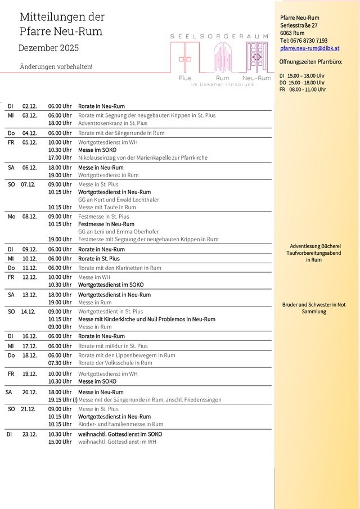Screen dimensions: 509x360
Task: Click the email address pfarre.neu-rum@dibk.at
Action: point(309,49)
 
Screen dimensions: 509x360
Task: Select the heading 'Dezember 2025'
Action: point(49,48)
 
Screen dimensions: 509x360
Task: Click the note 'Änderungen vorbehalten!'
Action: point(56,66)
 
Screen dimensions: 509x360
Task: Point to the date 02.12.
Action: point(30,106)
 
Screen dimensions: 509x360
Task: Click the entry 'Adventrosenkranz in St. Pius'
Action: point(112,123)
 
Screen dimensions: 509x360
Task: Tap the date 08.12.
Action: point(30,217)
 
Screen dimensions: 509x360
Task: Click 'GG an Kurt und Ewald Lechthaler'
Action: point(118,200)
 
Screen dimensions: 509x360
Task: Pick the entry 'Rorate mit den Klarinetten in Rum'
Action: point(119,268)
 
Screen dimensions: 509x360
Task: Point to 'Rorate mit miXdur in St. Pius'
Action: point(112,346)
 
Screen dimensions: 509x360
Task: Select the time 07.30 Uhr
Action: point(60,363)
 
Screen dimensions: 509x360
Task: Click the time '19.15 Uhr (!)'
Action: point(62,400)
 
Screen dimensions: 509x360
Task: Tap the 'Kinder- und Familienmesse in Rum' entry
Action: point(120,424)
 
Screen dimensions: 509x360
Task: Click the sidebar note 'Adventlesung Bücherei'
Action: point(315,246)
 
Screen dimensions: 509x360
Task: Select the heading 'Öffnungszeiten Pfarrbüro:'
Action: point(310,61)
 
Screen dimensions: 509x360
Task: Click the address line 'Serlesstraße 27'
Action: point(299,25)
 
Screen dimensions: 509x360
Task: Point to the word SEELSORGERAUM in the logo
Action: point(219,36)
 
